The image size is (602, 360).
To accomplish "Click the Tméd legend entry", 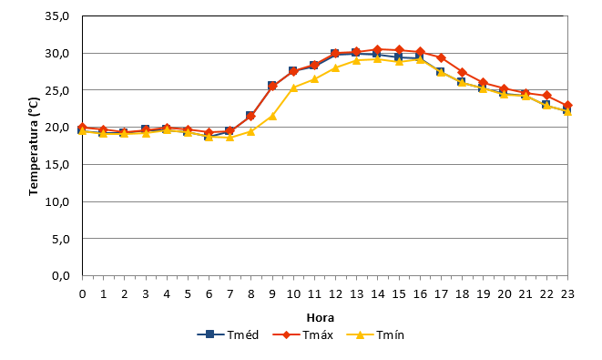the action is click(228, 334).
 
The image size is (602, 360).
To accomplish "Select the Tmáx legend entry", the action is click(303, 334).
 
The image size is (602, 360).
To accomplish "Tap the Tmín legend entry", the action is click(375, 334).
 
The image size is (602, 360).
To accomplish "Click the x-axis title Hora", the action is click(321, 318).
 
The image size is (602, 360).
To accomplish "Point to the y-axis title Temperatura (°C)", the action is click(34, 147).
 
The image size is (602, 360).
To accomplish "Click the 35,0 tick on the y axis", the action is click(56, 16).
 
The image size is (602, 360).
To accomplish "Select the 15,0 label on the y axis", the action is click(56, 164).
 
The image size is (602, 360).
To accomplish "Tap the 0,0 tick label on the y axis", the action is click(60, 276).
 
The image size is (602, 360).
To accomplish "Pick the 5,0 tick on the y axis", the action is click(60, 239).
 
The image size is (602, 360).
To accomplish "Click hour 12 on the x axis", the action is click(335, 294).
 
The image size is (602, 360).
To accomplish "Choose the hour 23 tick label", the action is click(567, 294).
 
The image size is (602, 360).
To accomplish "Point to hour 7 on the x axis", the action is click(230, 294).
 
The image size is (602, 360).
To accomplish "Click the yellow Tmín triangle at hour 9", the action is click(272, 116).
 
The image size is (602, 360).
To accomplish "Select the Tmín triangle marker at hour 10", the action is click(293, 87).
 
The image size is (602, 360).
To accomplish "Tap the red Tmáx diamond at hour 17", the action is click(441, 58).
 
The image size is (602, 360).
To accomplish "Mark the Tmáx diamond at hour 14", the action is click(378, 49).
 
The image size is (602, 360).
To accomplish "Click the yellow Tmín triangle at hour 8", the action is click(251, 131).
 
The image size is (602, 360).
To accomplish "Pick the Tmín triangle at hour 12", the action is click(335, 67).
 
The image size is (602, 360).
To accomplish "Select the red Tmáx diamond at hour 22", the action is click(546, 96).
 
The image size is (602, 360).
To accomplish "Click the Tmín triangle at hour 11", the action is click(314, 78).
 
